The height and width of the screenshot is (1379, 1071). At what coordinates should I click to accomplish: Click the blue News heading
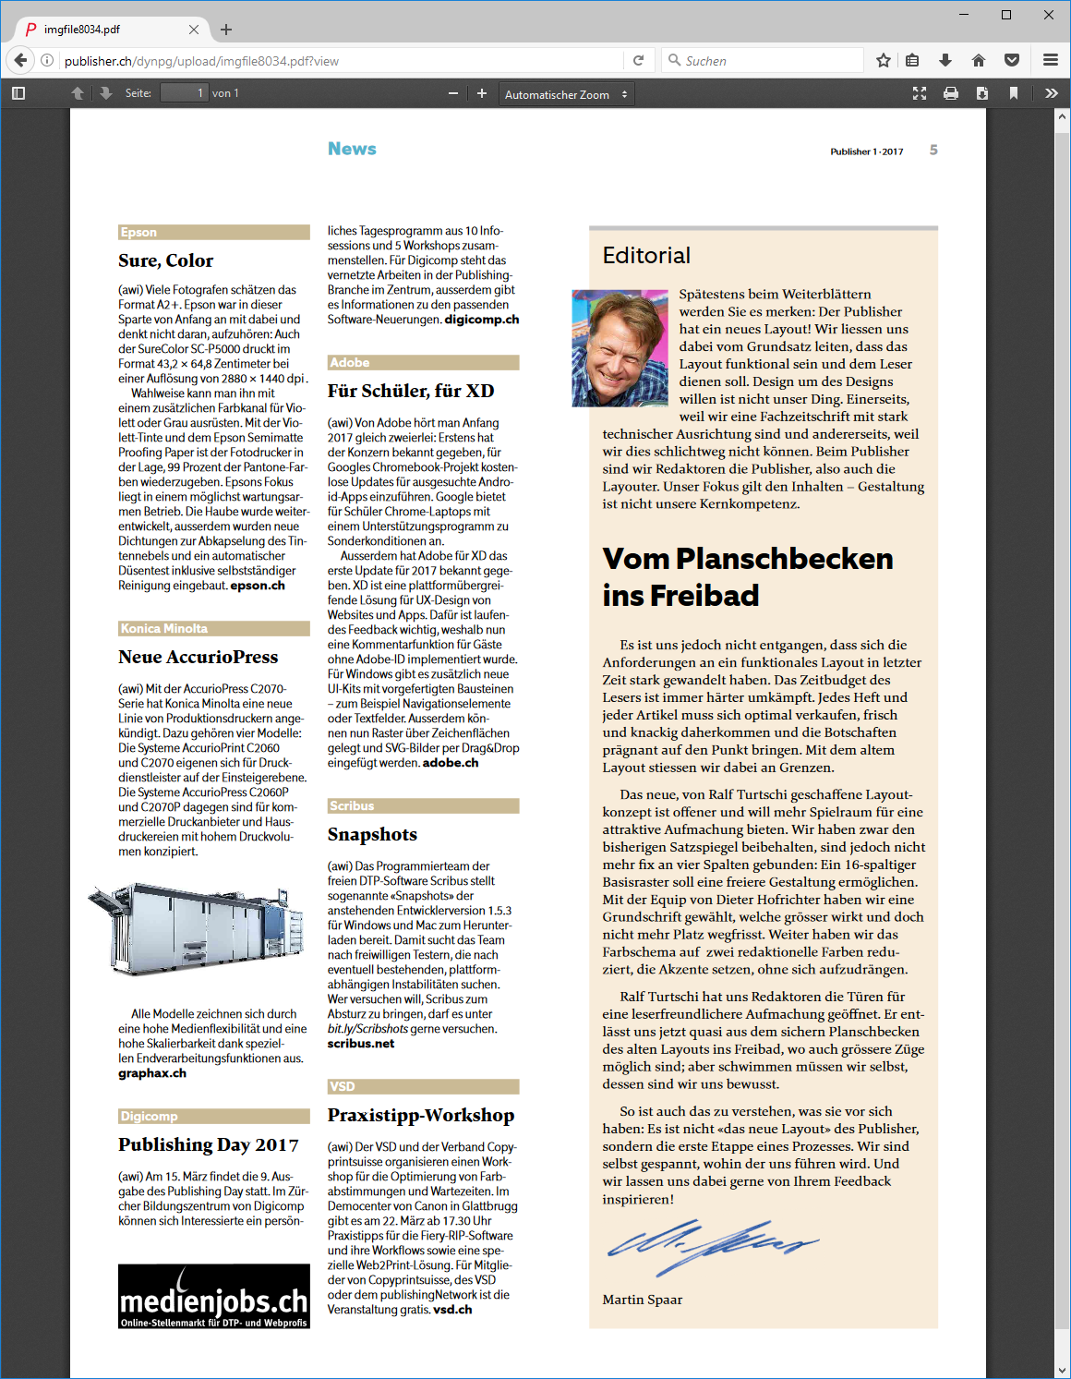pyautogui.click(x=352, y=149)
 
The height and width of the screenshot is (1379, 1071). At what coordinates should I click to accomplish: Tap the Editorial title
pyautogui.click(x=646, y=256)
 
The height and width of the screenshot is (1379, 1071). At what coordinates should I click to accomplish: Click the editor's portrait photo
pyautogui.click(x=620, y=348)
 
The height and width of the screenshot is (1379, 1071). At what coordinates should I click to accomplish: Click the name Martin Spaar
pyautogui.click(x=643, y=1300)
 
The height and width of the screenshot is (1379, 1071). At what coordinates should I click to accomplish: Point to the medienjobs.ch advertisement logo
pyautogui.click(x=214, y=1296)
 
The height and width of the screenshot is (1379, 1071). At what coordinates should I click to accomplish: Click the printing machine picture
pyautogui.click(x=196, y=927)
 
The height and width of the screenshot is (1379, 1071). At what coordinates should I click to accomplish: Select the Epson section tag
pyautogui.click(x=138, y=233)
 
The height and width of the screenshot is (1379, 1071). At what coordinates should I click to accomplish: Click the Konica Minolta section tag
pyautogui.click(x=164, y=629)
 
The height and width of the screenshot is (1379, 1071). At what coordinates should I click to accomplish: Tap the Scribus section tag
pyautogui.click(x=352, y=806)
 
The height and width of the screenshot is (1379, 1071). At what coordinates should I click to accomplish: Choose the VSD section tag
pyautogui.click(x=342, y=1087)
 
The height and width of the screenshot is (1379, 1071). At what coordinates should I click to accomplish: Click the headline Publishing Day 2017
pyautogui.click(x=209, y=1145)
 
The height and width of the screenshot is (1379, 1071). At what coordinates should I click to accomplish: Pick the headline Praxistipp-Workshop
pyautogui.click(x=421, y=1116)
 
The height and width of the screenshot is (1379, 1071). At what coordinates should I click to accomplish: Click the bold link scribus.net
pyautogui.click(x=361, y=1044)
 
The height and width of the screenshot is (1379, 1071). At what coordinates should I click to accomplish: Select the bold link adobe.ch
pyautogui.click(x=451, y=763)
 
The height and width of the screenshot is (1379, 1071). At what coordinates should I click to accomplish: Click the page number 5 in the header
pyautogui.click(x=933, y=151)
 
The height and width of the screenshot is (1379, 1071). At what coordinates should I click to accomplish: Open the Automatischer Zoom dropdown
pyautogui.click(x=565, y=94)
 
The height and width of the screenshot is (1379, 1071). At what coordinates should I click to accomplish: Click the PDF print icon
pyautogui.click(x=951, y=93)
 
